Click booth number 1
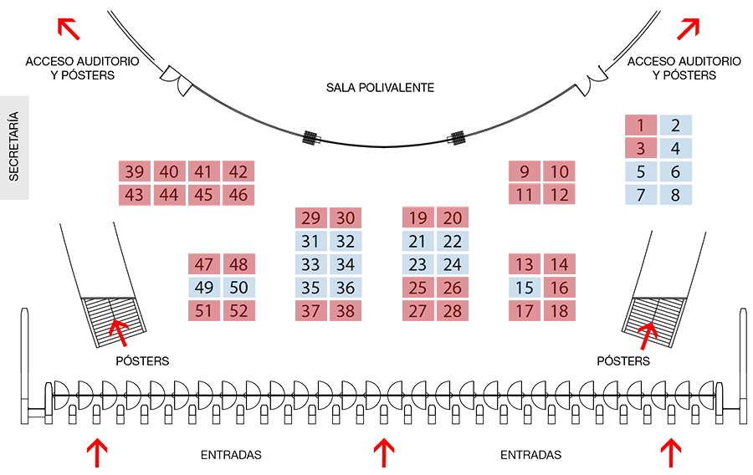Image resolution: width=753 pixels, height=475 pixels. pyautogui.click(x=641, y=126)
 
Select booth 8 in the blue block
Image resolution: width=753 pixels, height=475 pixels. pyautogui.click(x=675, y=196)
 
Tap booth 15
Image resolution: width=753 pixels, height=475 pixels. pyautogui.click(x=525, y=289)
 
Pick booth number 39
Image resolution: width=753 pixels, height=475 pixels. pyautogui.click(x=134, y=172)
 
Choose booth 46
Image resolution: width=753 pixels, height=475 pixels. pyautogui.click(x=238, y=196)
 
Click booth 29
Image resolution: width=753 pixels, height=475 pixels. pyautogui.click(x=310, y=219)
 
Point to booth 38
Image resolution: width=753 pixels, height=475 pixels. pyautogui.click(x=345, y=312)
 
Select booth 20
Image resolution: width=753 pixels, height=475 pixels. pyautogui.click(x=453, y=219)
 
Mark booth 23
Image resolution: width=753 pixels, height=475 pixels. pyautogui.click(x=418, y=265)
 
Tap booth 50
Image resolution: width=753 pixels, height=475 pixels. pyautogui.click(x=238, y=289)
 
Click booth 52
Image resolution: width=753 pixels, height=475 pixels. pyautogui.click(x=238, y=311)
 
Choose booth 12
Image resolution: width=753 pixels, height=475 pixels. pyautogui.click(x=560, y=196)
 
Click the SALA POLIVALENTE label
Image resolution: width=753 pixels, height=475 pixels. pyautogui.click(x=381, y=87)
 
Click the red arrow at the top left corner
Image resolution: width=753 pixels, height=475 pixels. pyautogui.click(x=68, y=28)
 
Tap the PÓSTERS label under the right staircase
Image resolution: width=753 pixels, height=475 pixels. pyautogui.click(x=622, y=361)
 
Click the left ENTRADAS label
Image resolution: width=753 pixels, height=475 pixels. pyautogui.click(x=231, y=456)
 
